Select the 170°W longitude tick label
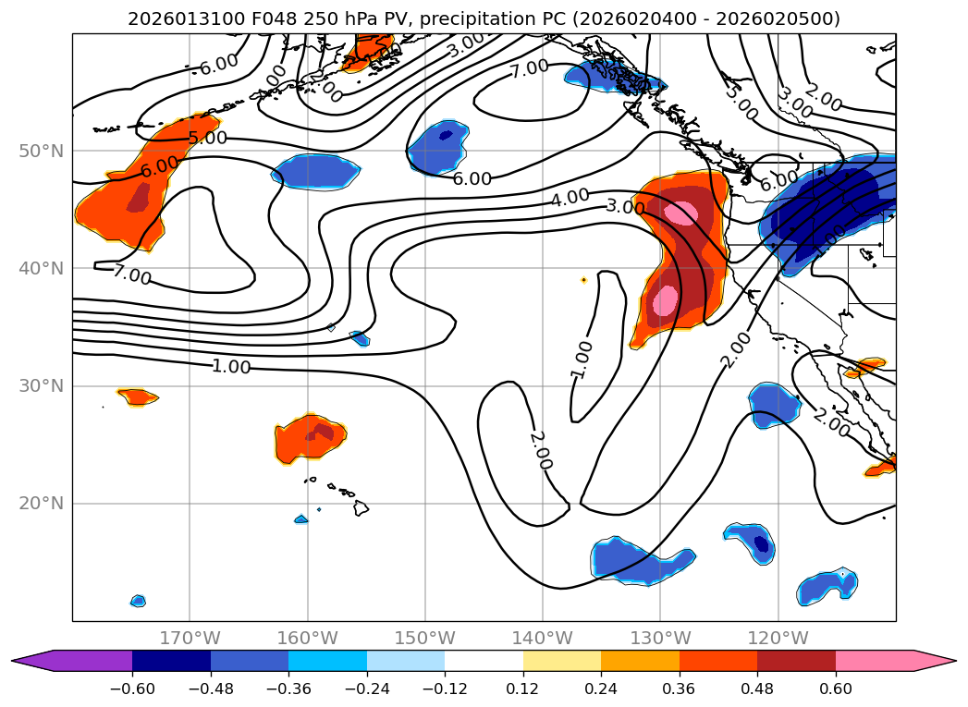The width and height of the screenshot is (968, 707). pos(190,639)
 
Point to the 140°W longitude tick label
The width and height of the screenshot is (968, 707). pos(543,639)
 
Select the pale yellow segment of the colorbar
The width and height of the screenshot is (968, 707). pos(561,661)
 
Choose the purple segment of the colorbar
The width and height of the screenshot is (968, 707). pos(83,661)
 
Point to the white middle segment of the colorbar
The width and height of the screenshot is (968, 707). pos(484,661)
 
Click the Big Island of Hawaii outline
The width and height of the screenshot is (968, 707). pos(361,508)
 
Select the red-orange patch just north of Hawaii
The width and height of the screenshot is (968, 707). pos(311,437)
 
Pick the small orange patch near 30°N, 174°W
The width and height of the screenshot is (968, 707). pos(138,397)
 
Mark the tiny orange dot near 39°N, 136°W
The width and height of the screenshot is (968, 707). pos(583,280)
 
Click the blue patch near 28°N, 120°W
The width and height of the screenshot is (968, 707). pos(773,404)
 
